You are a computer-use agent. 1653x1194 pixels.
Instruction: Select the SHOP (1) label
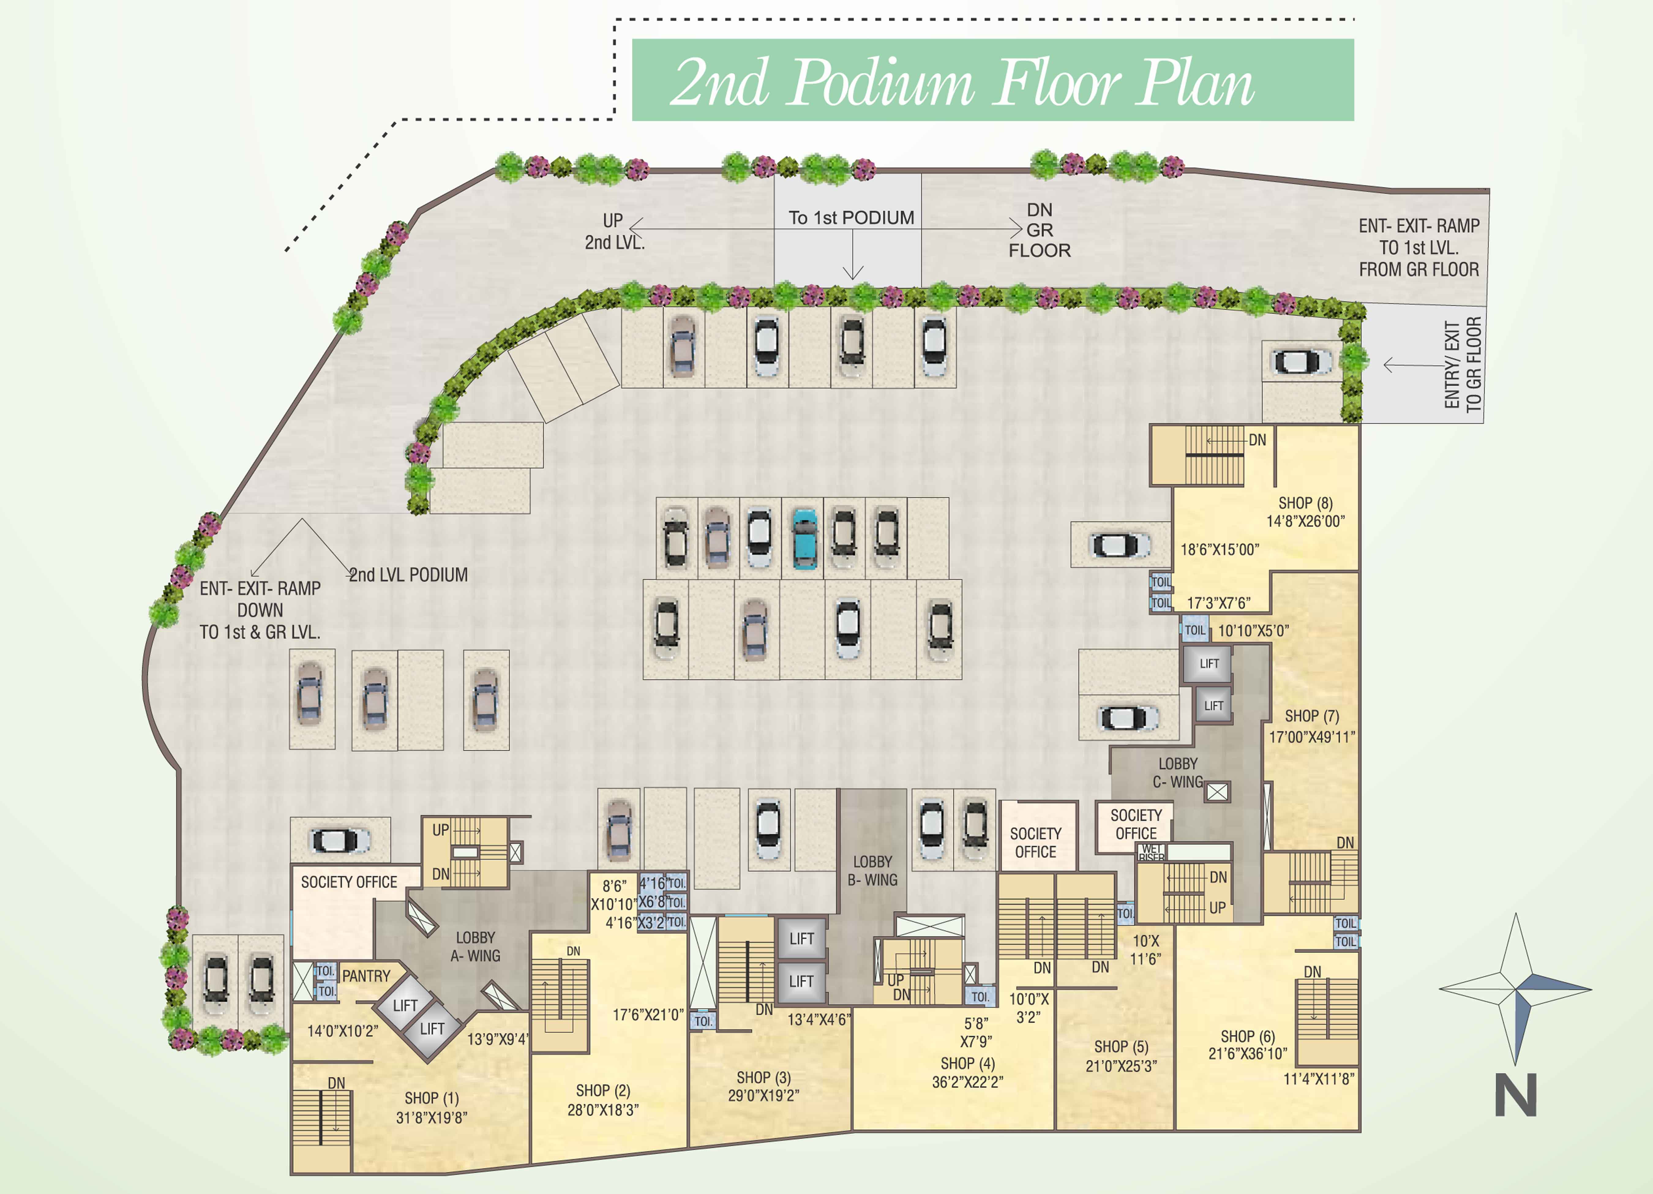point(432,1098)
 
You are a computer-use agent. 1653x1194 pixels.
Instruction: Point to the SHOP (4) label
point(967,1064)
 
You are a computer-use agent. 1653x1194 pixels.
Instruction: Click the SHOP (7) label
point(1311,716)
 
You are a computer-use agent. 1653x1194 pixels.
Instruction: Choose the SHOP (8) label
point(1305,503)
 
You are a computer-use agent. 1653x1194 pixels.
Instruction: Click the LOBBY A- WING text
point(475,946)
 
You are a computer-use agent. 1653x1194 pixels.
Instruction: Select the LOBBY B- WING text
point(872,870)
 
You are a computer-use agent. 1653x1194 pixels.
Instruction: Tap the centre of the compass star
point(1516,989)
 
